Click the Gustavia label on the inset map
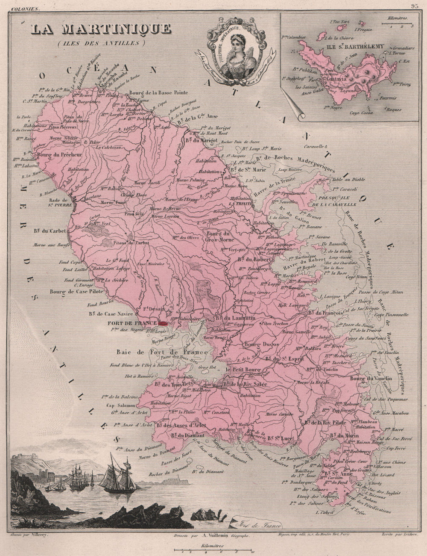pyautogui.click(x=336, y=80)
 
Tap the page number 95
pyautogui.click(x=414, y=6)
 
